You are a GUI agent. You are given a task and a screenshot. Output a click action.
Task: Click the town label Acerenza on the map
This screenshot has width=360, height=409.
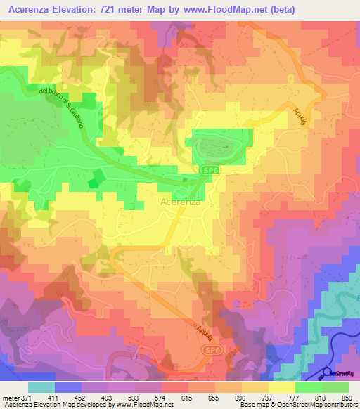[179, 202]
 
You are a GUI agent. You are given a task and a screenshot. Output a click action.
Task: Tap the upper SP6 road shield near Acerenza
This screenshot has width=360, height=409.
[208, 171]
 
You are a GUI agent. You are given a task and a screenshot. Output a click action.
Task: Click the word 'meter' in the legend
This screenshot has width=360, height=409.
[11, 397]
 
